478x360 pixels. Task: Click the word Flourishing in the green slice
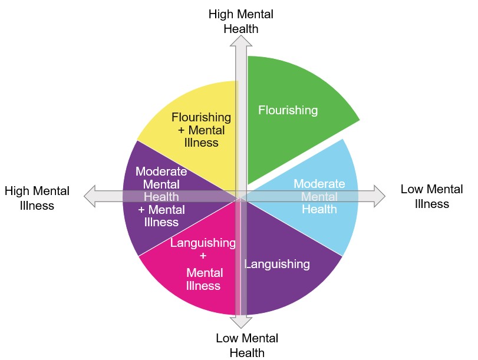[x=288, y=110]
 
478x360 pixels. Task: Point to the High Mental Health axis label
[x=240, y=21]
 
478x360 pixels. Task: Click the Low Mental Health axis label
[x=246, y=345]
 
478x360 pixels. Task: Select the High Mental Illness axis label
[x=37, y=198]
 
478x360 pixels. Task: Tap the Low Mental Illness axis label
[x=431, y=196]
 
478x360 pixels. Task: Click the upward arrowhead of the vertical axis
[x=240, y=40]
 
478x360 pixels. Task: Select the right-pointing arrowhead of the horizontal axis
[x=378, y=196]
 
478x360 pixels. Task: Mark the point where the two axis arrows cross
[x=240, y=196]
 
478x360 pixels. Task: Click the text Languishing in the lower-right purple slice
[x=277, y=264]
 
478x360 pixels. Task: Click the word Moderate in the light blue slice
[x=319, y=183]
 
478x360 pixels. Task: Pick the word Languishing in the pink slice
[x=203, y=243]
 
